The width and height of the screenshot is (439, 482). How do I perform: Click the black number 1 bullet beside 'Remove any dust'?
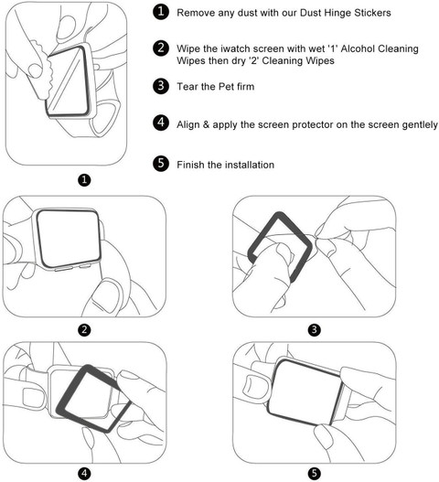click(161, 12)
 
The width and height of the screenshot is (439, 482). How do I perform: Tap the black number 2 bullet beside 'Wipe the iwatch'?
click(161, 48)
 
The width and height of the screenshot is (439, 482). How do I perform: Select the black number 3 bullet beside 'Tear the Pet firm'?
click(161, 86)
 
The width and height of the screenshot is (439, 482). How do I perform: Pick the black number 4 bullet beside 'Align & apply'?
click(161, 123)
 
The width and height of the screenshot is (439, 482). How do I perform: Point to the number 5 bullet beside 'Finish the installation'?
click(161, 163)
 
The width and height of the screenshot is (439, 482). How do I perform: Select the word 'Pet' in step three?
click(226, 86)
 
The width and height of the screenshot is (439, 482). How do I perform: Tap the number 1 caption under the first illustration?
click(84, 180)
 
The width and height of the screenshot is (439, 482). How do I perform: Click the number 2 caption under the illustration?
click(84, 330)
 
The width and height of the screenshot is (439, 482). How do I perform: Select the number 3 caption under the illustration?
click(315, 330)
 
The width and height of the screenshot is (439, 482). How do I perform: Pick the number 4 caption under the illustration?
click(84, 474)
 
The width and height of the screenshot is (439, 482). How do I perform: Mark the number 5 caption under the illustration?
click(315, 474)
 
